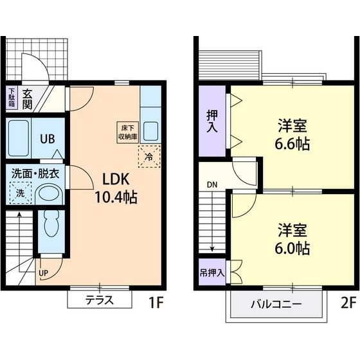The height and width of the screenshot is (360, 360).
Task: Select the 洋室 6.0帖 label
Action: pyautogui.click(x=293, y=239)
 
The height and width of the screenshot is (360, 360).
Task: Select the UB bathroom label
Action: pyautogui.click(x=48, y=138)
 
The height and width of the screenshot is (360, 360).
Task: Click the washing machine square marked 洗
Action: pyautogui.click(x=20, y=192)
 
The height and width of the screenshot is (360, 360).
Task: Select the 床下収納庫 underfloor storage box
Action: pyautogui.click(x=127, y=130)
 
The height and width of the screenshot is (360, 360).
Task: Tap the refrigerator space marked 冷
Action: pyautogui.click(x=149, y=156)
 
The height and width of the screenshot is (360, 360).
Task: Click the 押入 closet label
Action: pyautogui.click(x=212, y=121)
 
